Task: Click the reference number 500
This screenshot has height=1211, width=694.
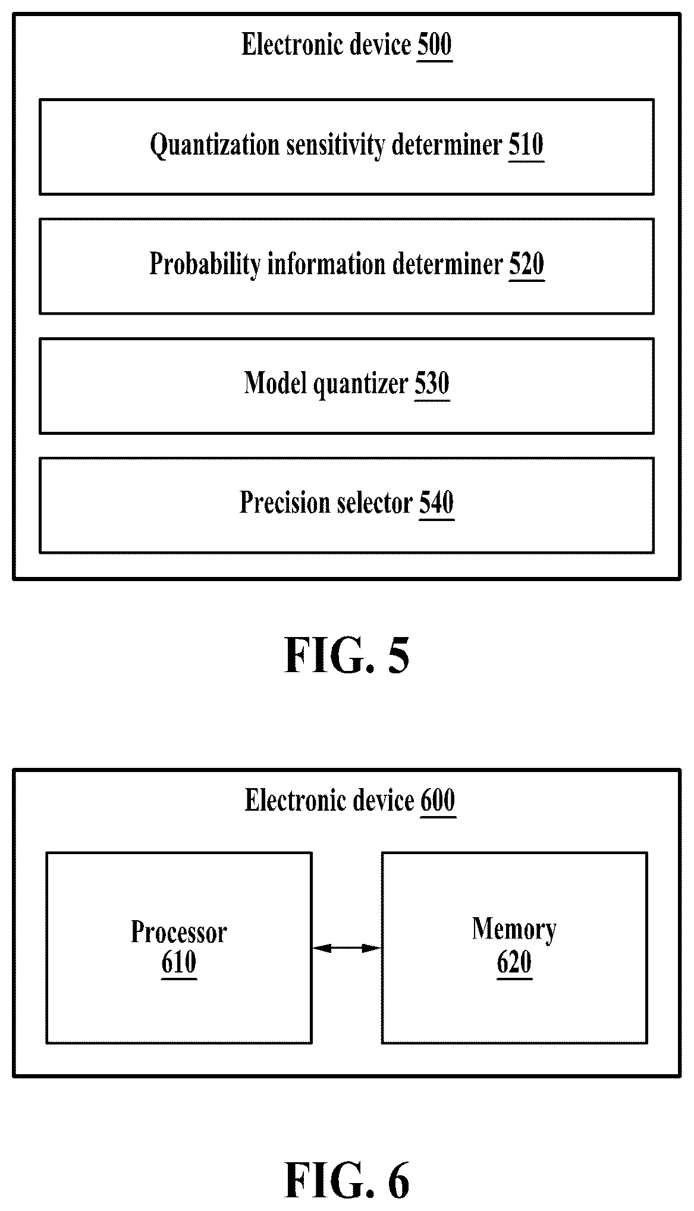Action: [x=435, y=45]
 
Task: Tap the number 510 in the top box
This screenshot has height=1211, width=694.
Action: [x=526, y=145]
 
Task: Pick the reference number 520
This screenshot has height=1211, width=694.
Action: [x=526, y=265]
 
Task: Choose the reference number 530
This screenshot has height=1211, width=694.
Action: [x=432, y=384]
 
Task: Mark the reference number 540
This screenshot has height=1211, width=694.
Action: [x=437, y=503]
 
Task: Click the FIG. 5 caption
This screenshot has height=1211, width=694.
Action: [x=347, y=655]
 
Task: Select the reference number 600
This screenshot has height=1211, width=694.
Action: [x=438, y=801]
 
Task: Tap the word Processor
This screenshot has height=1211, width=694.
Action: [x=179, y=932]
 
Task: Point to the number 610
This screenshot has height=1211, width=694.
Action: [x=179, y=962]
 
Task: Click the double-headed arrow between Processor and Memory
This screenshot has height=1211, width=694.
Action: [x=346, y=948]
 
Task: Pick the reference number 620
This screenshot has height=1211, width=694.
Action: [x=514, y=962]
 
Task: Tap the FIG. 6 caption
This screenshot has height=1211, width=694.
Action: [x=347, y=1180]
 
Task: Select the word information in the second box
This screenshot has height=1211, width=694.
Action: [x=325, y=265]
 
